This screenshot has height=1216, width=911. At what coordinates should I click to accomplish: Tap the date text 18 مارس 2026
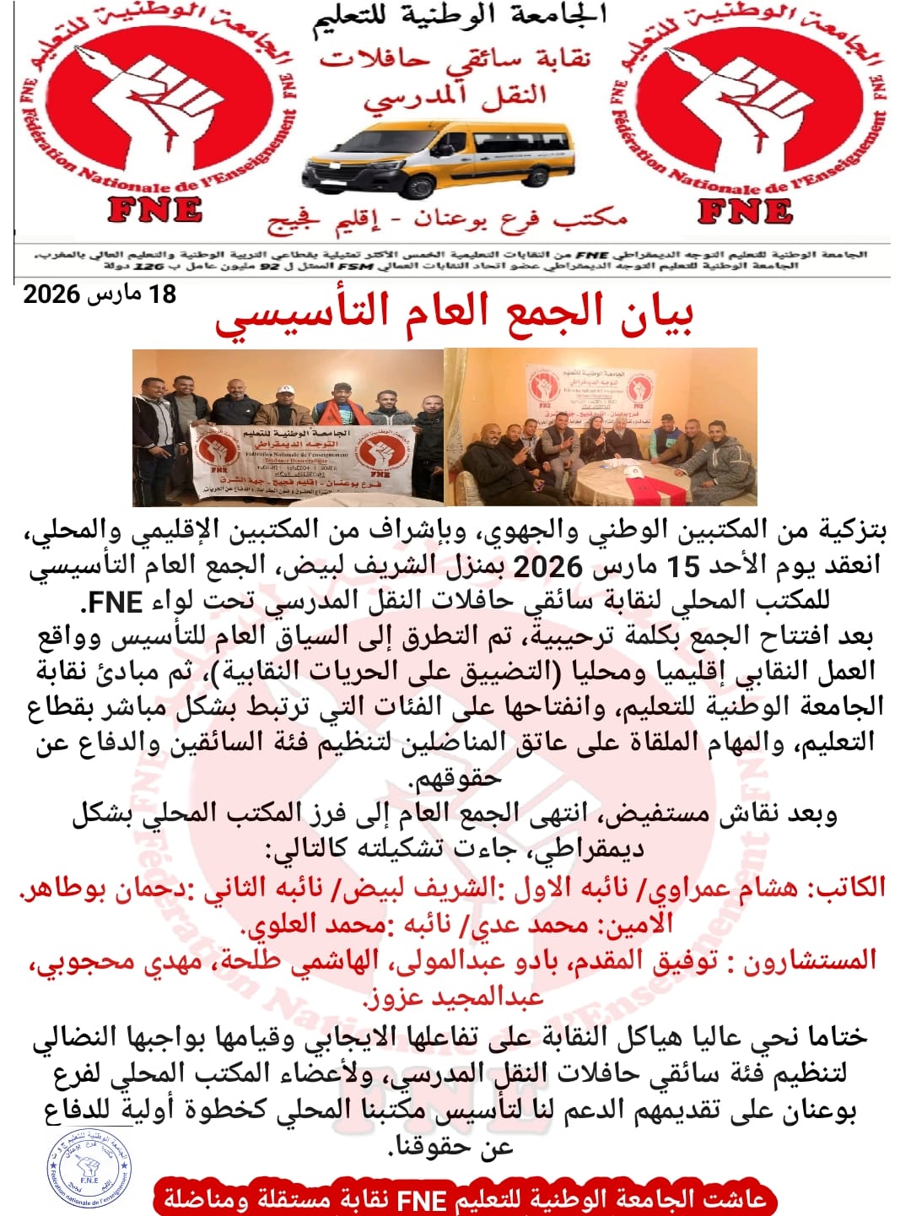pyautogui.click(x=100, y=295)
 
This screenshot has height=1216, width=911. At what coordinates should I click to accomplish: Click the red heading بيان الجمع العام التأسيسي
pyautogui.click(x=454, y=315)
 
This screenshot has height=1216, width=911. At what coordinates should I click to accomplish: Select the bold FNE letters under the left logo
pyautogui.click(x=155, y=210)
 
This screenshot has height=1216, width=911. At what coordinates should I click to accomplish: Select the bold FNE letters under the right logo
pyautogui.click(x=746, y=211)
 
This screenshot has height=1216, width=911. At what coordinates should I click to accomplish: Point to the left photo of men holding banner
pyautogui.click(x=288, y=427)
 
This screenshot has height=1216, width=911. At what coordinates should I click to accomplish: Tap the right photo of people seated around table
pyautogui.click(x=601, y=427)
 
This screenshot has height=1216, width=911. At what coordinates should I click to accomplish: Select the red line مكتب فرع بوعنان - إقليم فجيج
pyautogui.click(x=448, y=221)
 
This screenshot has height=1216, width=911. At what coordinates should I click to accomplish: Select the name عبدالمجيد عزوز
pyautogui.click(x=454, y=999)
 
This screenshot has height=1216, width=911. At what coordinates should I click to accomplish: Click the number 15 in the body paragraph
pyautogui.click(x=686, y=566)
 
